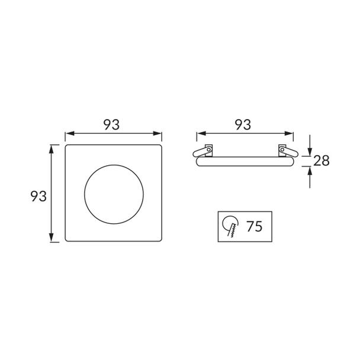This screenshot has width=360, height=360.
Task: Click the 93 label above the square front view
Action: pos(111,125)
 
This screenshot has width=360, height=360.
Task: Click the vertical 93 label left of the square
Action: pos(38,197)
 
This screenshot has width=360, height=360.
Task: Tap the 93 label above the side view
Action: pos(243,125)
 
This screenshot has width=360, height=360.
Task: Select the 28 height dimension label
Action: pos(322,160)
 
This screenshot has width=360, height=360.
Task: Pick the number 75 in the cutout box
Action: pos(255,226)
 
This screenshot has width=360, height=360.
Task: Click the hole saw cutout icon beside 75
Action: pos(230,226)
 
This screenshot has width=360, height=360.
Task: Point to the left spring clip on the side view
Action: pos(203,152)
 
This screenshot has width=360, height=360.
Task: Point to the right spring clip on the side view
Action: pos(287,152)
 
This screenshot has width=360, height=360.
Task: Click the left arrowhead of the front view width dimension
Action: pos(70,133)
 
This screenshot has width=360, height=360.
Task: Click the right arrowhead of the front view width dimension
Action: pos(157,133)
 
